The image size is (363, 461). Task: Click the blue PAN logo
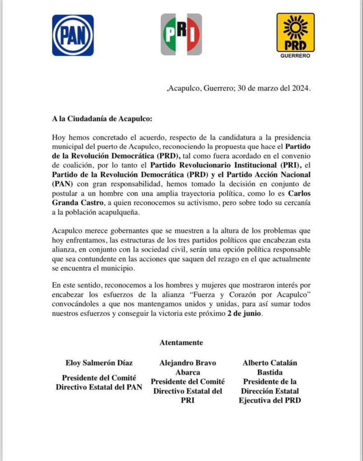(x=73, y=35)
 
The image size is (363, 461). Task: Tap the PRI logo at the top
(x=181, y=34)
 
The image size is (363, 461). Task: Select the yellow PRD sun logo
(x=295, y=32)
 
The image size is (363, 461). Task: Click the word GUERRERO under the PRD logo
(x=295, y=56)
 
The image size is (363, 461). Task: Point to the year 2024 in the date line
(x=299, y=89)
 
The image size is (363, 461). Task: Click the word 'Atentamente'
(x=181, y=343)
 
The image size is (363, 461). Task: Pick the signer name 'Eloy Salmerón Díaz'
(x=99, y=363)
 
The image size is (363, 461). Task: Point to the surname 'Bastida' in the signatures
(x=270, y=373)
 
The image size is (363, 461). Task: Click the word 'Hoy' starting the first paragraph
(x=59, y=137)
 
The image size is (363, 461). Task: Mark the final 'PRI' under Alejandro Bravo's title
(x=188, y=401)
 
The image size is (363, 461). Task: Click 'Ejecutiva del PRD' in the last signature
(x=270, y=401)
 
